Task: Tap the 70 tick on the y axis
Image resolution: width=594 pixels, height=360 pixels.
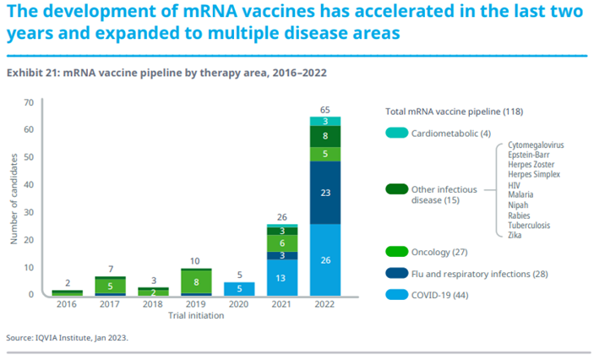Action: pyautogui.click(x=28, y=102)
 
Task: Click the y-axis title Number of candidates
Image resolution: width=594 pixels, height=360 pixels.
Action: pyautogui.click(x=14, y=200)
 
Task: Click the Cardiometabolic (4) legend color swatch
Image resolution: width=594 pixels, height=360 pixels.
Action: pyautogui.click(x=396, y=134)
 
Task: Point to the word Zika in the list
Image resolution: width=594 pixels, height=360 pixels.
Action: pyautogui.click(x=516, y=235)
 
